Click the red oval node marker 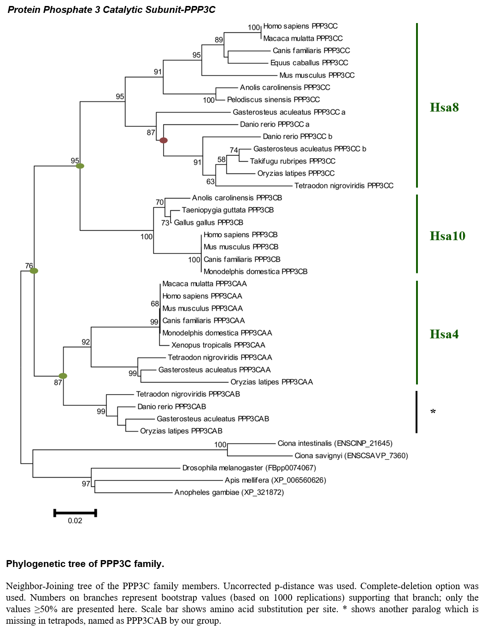(164, 141)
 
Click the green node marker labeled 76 (34, 271)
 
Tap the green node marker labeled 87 (63, 376)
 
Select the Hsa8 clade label (444, 107)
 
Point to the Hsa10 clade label (447, 236)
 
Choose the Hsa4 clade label (444, 334)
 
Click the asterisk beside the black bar (433, 411)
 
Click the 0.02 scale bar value (75, 521)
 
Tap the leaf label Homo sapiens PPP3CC (300, 26)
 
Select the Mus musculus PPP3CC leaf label (317, 75)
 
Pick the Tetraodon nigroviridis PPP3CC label (344, 186)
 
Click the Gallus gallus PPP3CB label (208, 223)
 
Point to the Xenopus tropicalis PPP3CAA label (218, 345)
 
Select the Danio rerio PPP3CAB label (171, 407)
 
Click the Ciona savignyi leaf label (351, 455)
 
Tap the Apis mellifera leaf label (275, 480)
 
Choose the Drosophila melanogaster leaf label (249, 468)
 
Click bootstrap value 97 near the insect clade (86, 484)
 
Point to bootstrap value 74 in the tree (234, 150)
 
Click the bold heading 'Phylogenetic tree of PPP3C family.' (85, 564)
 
